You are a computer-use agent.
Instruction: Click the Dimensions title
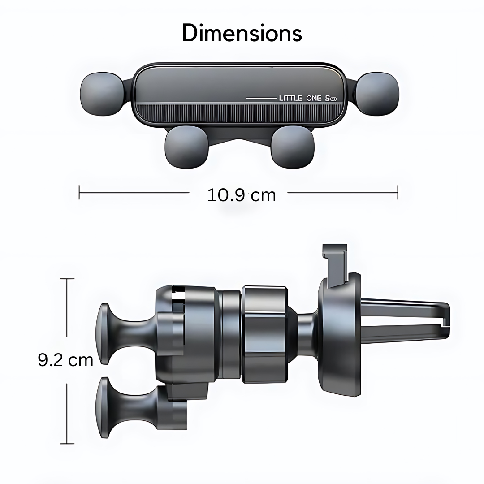pos(242,33)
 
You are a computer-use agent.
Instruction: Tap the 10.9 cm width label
pos(242,195)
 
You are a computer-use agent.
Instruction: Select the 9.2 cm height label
pos(65,360)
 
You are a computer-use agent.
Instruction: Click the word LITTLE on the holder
pos(290,98)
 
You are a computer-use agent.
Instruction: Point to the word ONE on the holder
pos(314,98)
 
